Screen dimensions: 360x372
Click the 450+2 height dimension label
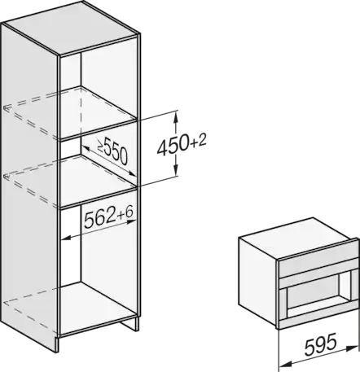click(182, 146)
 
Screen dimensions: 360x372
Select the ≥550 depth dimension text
click(112, 151)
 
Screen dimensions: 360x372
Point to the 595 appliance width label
click(321, 344)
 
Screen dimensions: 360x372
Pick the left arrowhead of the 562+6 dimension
click(66, 239)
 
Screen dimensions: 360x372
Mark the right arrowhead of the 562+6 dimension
click(132, 222)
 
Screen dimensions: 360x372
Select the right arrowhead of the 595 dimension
click(353, 347)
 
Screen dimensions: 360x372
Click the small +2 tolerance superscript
click(199, 141)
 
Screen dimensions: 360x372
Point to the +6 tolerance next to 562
click(125, 212)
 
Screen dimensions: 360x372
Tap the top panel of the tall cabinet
click(72, 27)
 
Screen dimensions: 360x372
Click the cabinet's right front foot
click(130, 323)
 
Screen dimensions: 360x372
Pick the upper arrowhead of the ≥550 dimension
click(86, 148)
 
